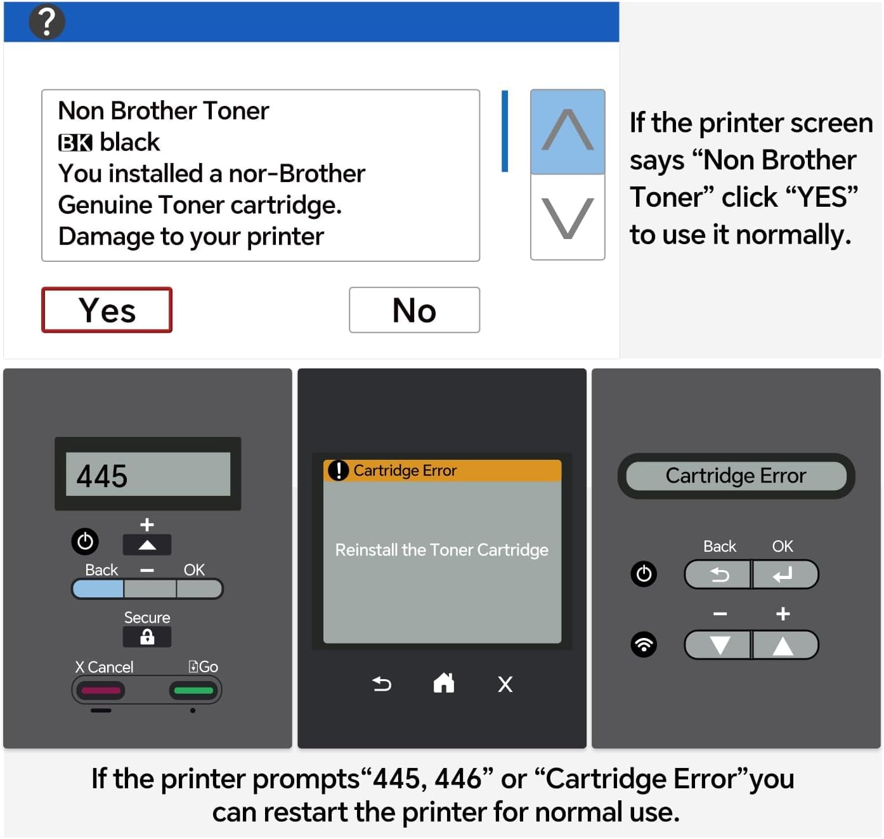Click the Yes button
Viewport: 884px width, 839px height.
(x=107, y=310)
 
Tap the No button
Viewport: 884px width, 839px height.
(x=414, y=310)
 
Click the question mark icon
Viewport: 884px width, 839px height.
(x=47, y=22)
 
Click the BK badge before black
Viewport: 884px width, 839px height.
(x=75, y=143)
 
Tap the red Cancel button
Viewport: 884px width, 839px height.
(x=101, y=690)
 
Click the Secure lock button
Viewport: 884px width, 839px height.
(x=147, y=637)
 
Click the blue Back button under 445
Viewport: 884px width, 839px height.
(x=98, y=589)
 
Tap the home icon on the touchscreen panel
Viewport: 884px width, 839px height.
(x=443, y=683)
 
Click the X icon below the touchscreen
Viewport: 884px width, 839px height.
(x=505, y=684)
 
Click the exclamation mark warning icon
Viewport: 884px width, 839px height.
(x=338, y=471)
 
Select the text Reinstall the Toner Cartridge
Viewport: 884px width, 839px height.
(x=441, y=549)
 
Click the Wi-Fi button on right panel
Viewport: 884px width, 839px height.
(x=644, y=644)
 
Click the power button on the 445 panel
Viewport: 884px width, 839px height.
(x=85, y=541)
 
